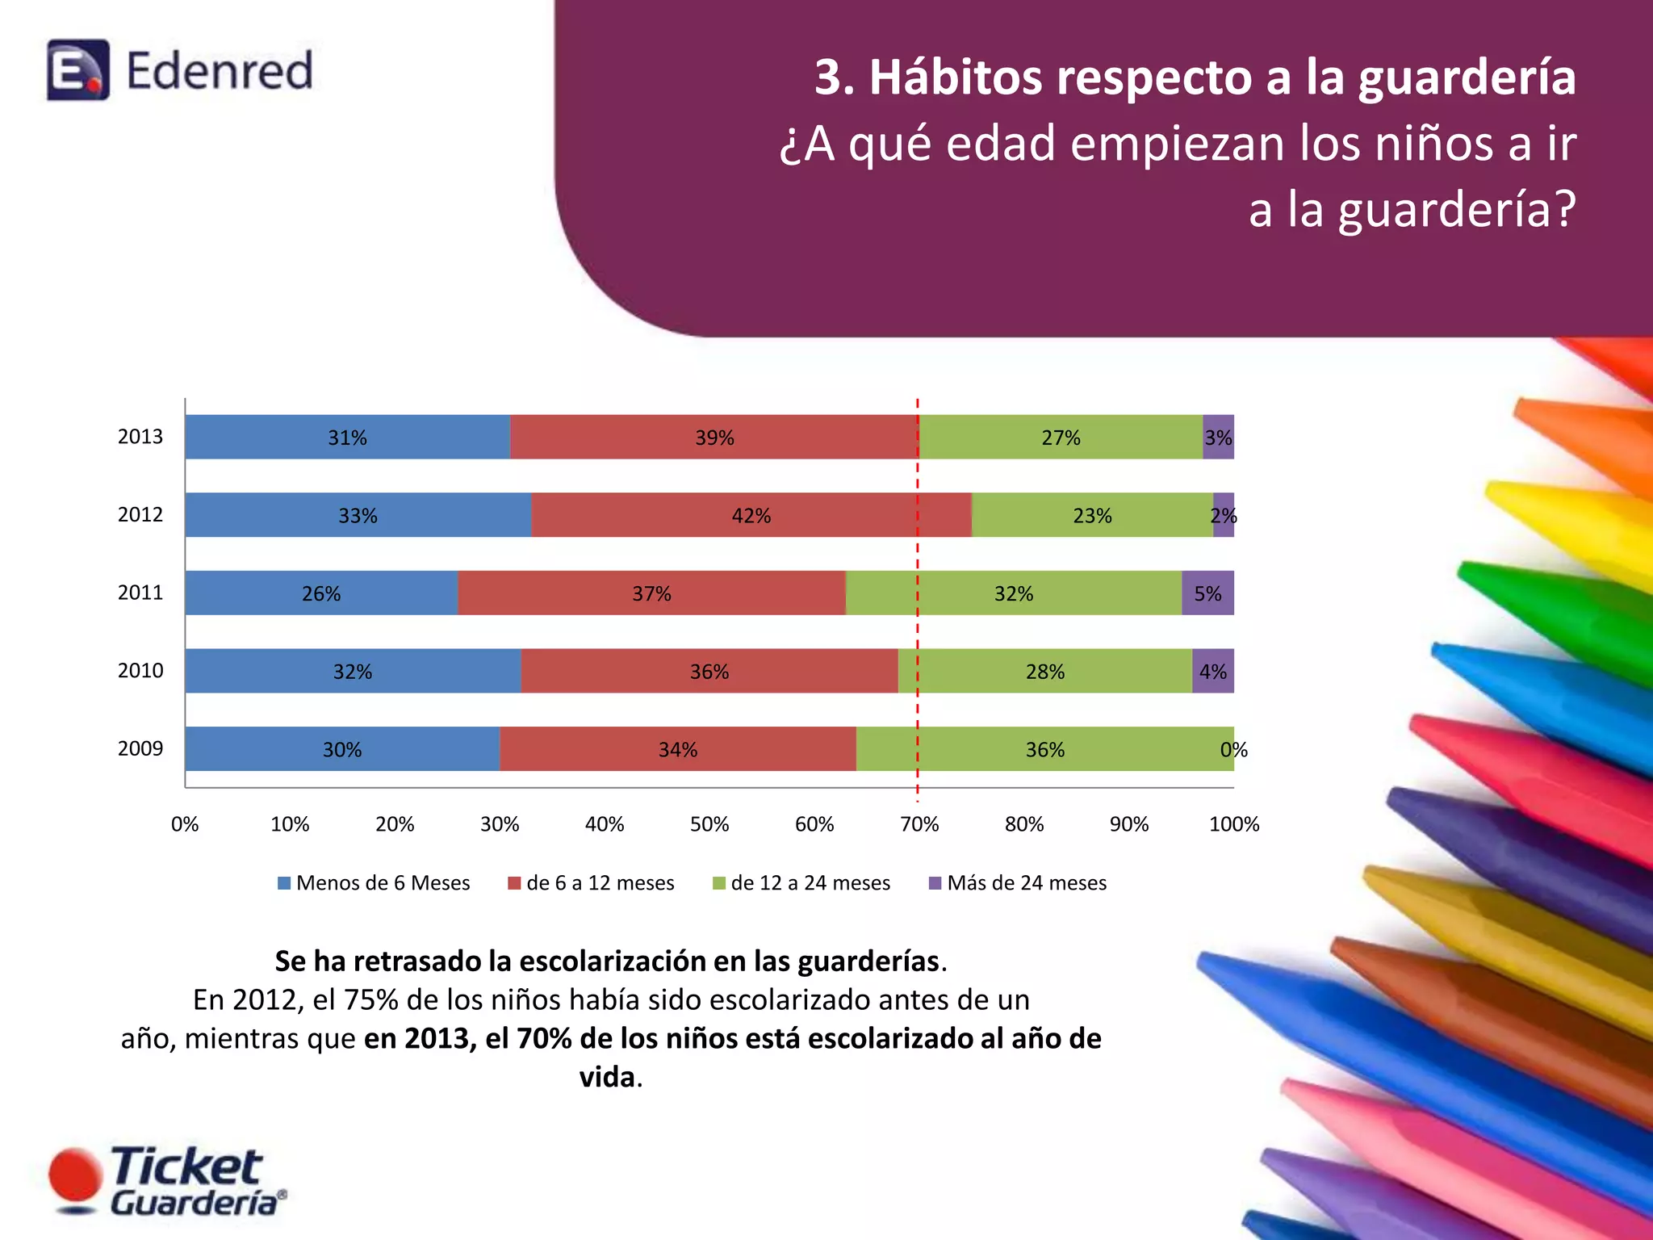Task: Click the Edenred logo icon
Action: pyautogui.click(x=78, y=69)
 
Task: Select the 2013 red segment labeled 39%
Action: pyautogui.click(x=714, y=438)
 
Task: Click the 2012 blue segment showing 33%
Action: pyautogui.click(x=358, y=515)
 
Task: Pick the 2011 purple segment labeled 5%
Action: pyautogui.click(x=1207, y=593)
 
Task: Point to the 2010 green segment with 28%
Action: pyautogui.click(x=1045, y=671)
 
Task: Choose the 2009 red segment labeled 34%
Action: pyautogui.click(x=677, y=749)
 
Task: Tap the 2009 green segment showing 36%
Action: pyautogui.click(x=1045, y=749)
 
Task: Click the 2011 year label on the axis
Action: pyautogui.click(x=140, y=593)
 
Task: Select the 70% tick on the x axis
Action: pyautogui.click(x=919, y=824)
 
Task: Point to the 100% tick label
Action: pyautogui.click(x=1233, y=824)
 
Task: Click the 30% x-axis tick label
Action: pyautogui.click(x=500, y=824)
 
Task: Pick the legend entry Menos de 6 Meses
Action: pyautogui.click(x=374, y=882)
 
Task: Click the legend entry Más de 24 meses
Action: pyautogui.click(x=1018, y=882)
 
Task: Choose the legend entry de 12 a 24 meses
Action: pyautogui.click(x=801, y=882)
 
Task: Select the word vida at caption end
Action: pyautogui.click(x=607, y=1077)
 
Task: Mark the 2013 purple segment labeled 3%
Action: pyautogui.click(x=1218, y=438)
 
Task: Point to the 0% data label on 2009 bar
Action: pyautogui.click(x=1233, y=750)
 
